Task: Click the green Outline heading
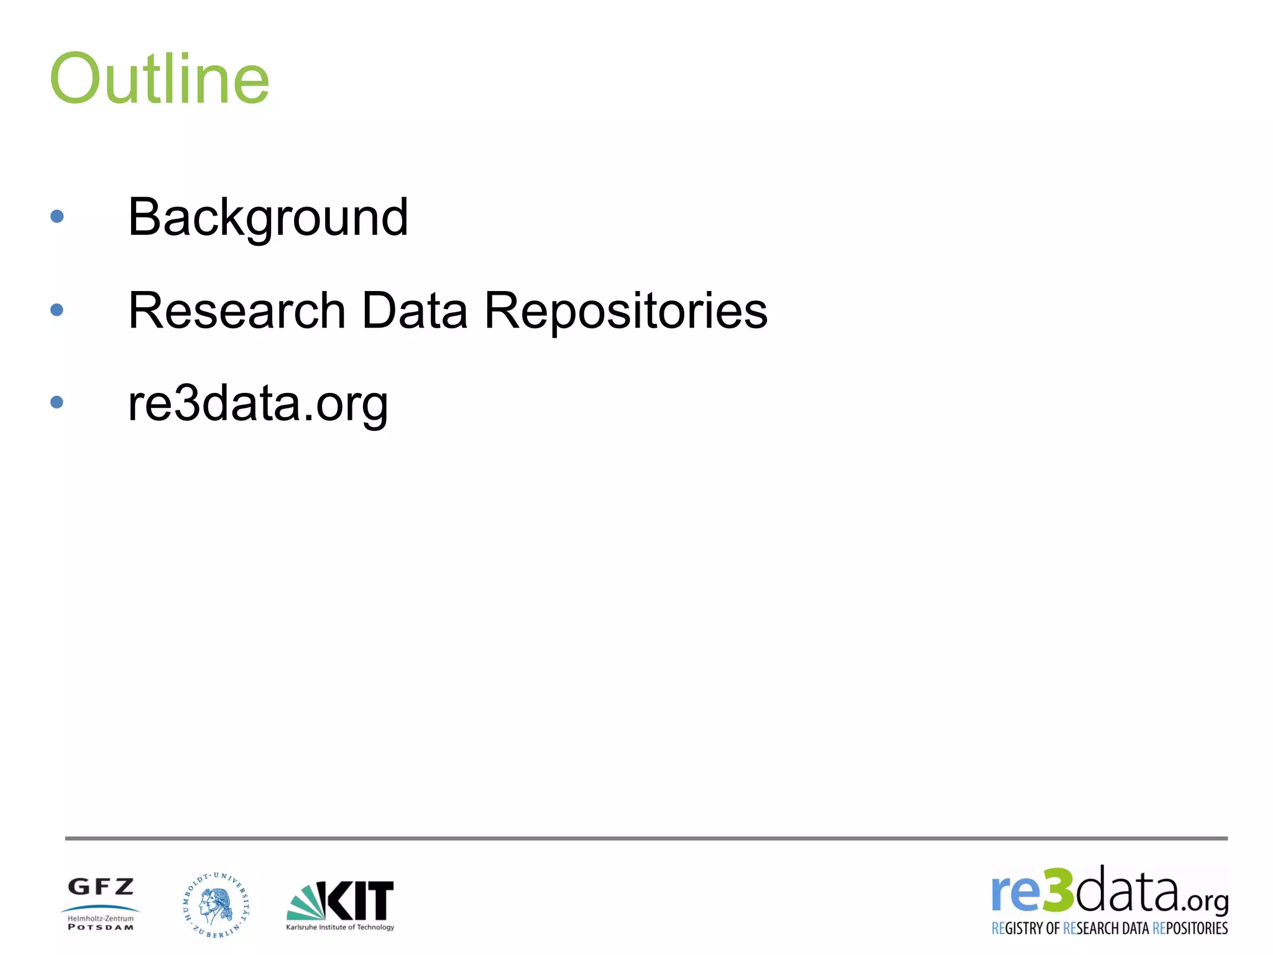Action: [x=159, y=79]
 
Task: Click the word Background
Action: [x=268, y=217]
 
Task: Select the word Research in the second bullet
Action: [x=236, y=310]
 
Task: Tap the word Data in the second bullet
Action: [x=414, y=310]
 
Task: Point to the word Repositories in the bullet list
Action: [x=625, y=310]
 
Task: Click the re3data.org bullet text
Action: [x=258, y=404]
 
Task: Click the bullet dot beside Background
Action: [x=57, y=216]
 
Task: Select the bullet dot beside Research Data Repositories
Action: [x=57, y=310]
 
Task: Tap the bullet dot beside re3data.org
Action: [x=57, y=402]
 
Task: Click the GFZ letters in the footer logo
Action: [x=101, y=887]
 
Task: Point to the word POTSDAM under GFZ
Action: [x=101, y=928]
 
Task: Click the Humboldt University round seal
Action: [x=216, y=905]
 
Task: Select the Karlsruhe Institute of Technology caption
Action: [x=340, y=927]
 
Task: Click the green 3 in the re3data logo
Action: [x=1058, y=890]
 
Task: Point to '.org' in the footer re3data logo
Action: [x=1205, y=901]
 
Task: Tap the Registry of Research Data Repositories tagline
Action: [x=1110, y=928]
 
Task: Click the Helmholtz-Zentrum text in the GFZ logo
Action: [x=101, y=918]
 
